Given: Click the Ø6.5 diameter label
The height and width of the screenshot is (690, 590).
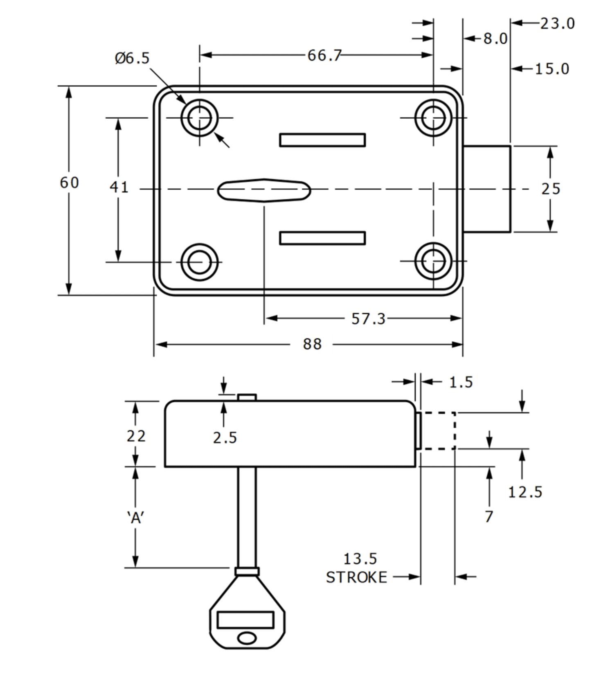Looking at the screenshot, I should pos(132,58).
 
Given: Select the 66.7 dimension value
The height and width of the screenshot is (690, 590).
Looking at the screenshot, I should pos(324,55).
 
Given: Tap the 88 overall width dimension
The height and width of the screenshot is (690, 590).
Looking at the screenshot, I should pos(312,344).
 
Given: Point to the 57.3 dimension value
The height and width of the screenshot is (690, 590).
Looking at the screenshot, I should pos(368,319).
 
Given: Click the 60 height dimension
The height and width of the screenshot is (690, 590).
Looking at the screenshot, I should pos(69,183).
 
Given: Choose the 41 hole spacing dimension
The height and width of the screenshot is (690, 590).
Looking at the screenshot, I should pos(119,187).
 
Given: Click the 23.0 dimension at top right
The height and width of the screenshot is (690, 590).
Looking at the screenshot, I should pos(557,23).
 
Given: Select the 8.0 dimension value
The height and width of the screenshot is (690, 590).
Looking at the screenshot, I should pos(495,39).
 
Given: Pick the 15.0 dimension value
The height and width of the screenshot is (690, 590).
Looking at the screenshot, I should pos(552,69).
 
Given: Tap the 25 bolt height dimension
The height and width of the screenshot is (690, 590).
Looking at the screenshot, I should pos(551,189).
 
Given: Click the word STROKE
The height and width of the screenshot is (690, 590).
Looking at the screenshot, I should pos(356,577).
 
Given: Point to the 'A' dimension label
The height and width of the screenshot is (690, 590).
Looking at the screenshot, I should pos(135,518).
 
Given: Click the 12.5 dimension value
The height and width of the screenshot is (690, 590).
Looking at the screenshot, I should pos(525,492).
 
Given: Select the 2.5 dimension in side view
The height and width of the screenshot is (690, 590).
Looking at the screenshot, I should pos(225,438).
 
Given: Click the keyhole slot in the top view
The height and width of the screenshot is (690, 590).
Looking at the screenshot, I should pos(264,190).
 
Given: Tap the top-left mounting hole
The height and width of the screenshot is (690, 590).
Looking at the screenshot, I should pos(199,118).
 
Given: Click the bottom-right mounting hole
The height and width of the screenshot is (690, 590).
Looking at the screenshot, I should pos(433,261).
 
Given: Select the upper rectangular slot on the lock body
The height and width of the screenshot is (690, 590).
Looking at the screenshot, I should pos(322,140).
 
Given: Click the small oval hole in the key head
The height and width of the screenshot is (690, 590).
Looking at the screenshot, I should pos(247,638).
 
